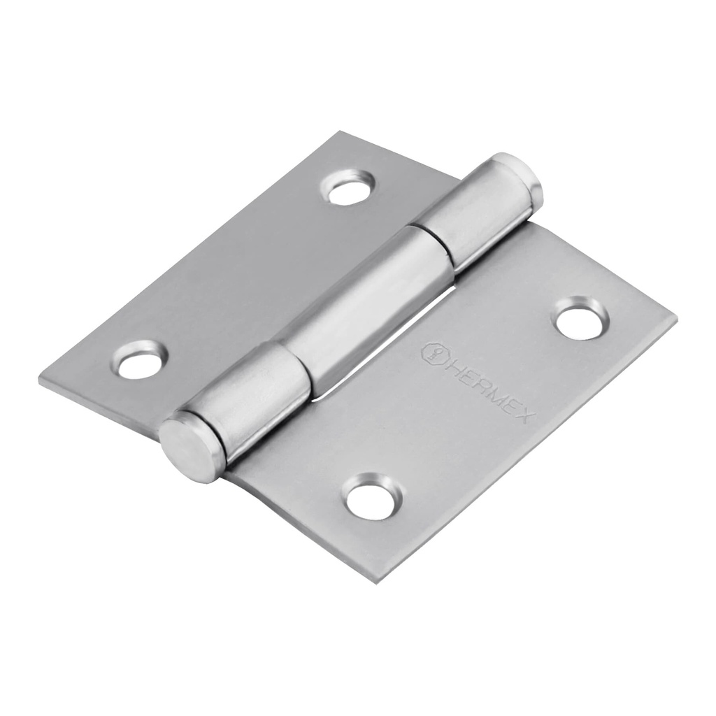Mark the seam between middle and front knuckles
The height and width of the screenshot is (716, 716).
[297, 364]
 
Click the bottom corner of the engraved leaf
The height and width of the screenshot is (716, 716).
[378, 582]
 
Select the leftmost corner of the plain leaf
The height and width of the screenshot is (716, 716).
[41, 380]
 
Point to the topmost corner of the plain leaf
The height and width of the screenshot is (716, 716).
[340, 131]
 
